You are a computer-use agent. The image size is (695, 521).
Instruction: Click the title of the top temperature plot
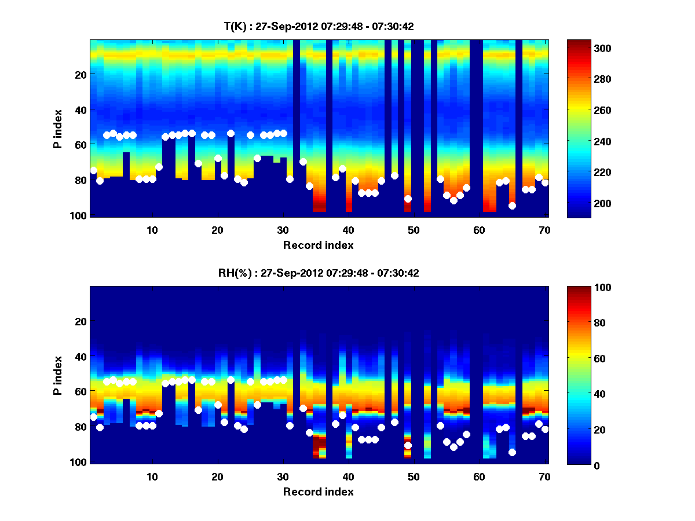319,26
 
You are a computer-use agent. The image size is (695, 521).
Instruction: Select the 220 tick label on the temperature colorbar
582,173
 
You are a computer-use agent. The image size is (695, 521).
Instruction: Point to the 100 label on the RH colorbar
582,288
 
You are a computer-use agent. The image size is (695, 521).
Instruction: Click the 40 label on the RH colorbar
580,394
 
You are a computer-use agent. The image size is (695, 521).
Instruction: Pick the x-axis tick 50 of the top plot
414,230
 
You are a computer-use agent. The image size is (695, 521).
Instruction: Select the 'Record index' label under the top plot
319,245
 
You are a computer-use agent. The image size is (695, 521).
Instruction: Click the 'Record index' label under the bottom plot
319,491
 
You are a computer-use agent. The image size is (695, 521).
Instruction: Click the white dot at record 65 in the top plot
512,206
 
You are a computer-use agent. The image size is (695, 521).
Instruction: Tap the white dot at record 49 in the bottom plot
408,445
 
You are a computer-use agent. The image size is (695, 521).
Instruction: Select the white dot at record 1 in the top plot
93,170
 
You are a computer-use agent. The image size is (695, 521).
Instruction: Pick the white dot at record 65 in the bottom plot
512,452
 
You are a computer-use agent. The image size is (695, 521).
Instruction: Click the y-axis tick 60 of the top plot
81,145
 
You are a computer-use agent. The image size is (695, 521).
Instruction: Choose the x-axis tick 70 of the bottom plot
544,476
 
